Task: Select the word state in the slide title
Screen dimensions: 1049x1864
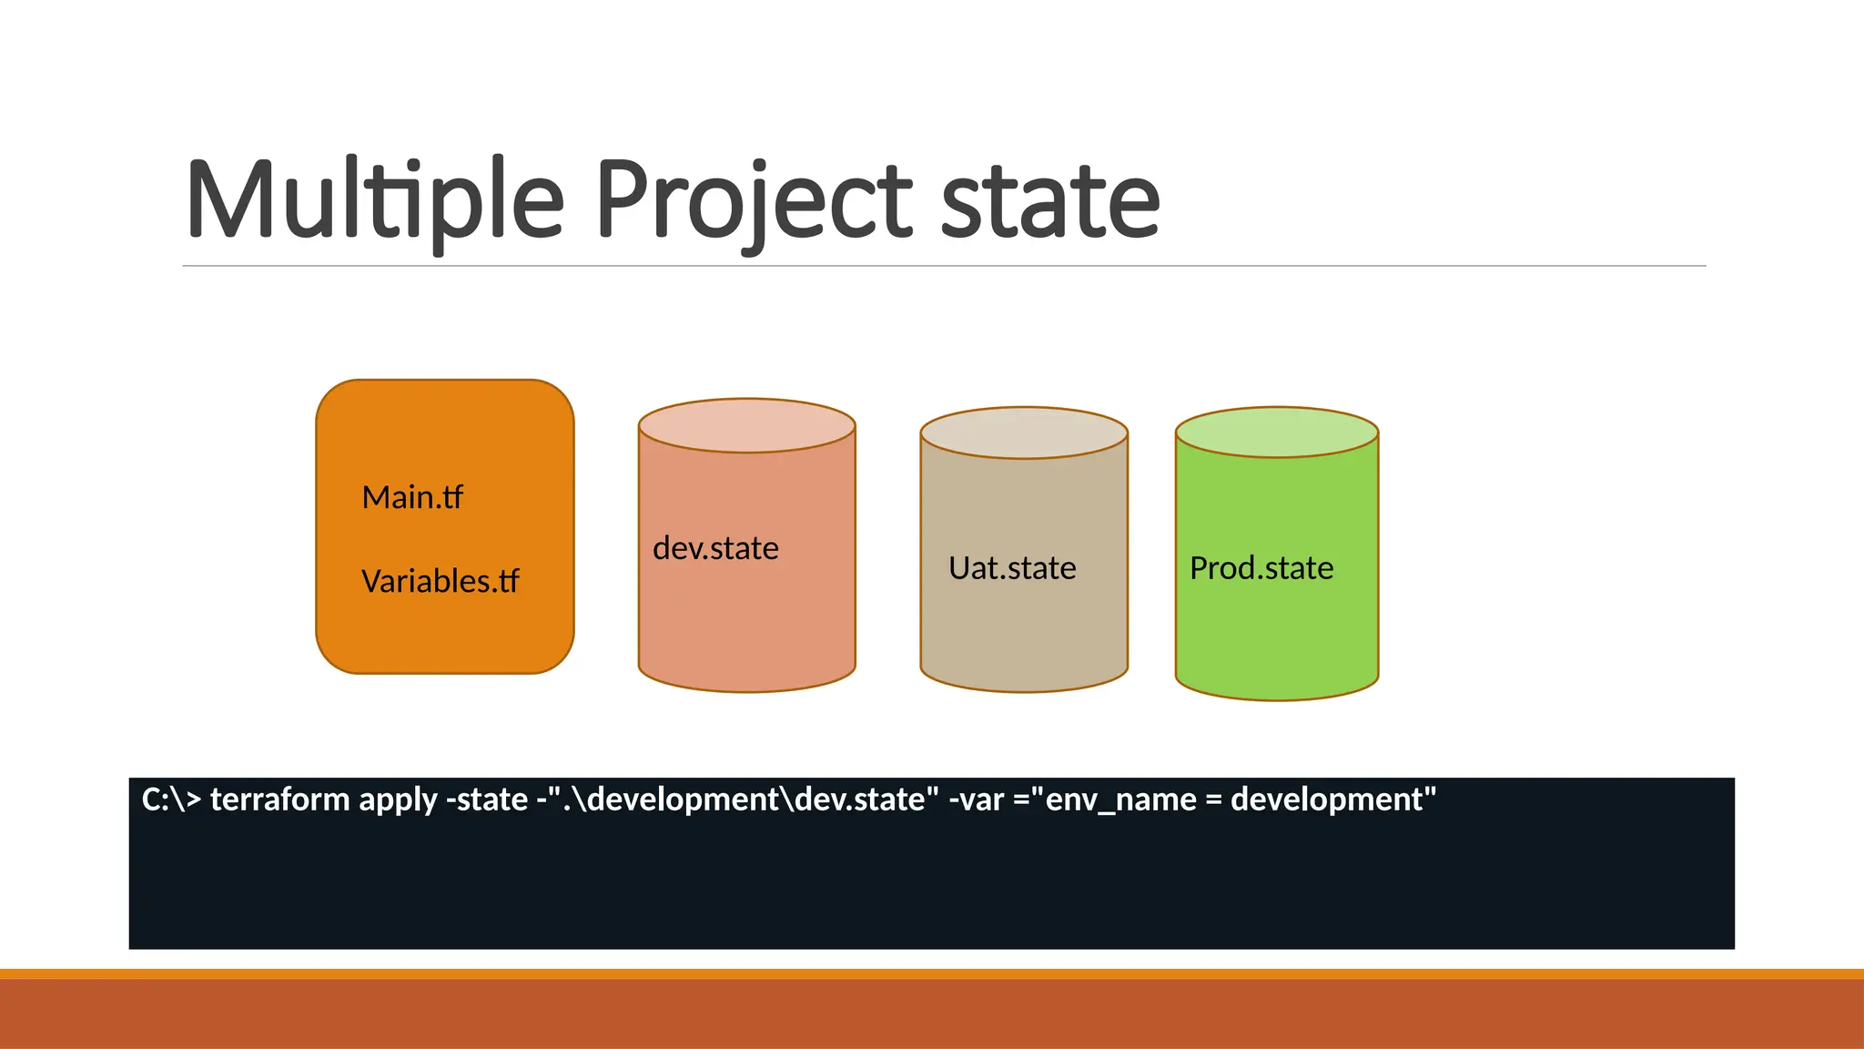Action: click(x=1049, y=200)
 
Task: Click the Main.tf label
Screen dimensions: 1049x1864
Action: click(x=412, y=498)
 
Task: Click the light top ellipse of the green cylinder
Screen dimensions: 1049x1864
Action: click(x=1277, y=433)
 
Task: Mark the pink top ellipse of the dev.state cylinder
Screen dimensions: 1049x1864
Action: click(x=746, y=425)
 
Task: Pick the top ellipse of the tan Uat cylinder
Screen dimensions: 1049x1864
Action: click(x=1024, y=433)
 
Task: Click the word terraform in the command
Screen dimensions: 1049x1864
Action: click(x=279, y=799)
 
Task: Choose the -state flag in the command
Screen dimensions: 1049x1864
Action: click(x=486, y=799)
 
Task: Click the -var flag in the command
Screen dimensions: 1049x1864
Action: click(x=976, y=799)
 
